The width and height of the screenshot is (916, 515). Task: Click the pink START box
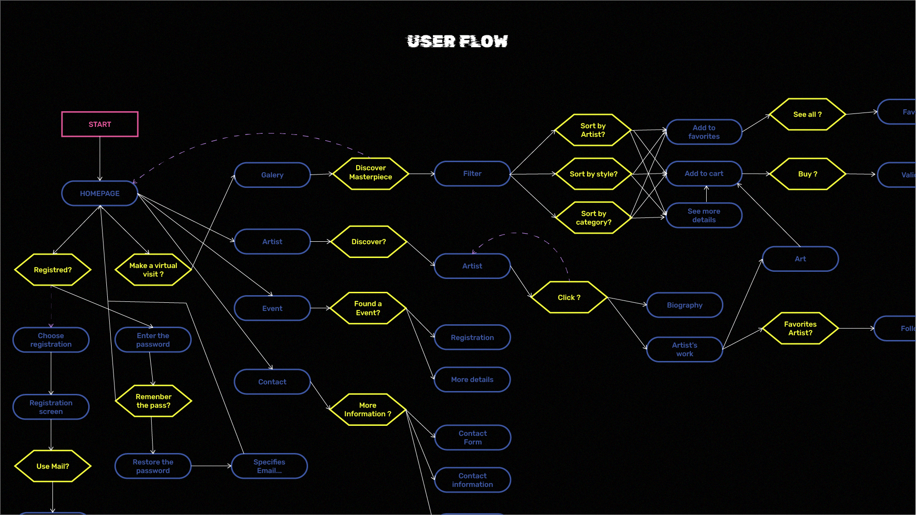pyautogui.click(x=100, y=124)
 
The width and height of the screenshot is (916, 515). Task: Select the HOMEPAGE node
pyautogui.click(x=100, y=194)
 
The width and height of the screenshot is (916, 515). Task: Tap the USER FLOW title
pyautogui.click(x=457, y=41)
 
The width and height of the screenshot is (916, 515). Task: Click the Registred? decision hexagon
pyautogui.click(x=52, y=270)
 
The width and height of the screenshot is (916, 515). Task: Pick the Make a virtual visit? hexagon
pyautogui.click(x=153, y=270)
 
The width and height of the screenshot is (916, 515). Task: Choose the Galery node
pyautogui.click(x=272, y=175)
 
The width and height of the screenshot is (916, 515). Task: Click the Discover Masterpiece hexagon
pyautogui.click(x=371, y=173)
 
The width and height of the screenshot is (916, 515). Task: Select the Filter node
pyautogui.click(x=472, y=174)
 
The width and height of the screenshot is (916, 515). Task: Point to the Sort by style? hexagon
pyautogui.click(x=593, y=174)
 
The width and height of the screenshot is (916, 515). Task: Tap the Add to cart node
pyautogui.click(x=704, y=174)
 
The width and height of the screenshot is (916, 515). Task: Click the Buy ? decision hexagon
pyautogui.click(x=807, y=174)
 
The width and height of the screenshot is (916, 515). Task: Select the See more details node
pyautogui.click(x=704, y=216)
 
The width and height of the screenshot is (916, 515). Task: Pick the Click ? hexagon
pyautogui.click(x=569, y=298)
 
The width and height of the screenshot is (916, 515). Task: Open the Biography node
pyautogui.click(x=684, y=305)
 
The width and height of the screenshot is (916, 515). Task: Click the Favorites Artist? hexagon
pyautogui.click(x=800, y=329)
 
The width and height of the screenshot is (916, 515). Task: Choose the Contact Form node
pyautogui.click(x=473, y=438)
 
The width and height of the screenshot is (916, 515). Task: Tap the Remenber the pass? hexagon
pyautogui.click(x=153, y=401)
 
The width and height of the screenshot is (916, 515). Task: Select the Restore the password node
pyautogui.click(x=153, y=466)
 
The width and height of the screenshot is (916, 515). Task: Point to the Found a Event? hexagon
pyautogui.click(x=368, y=308)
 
